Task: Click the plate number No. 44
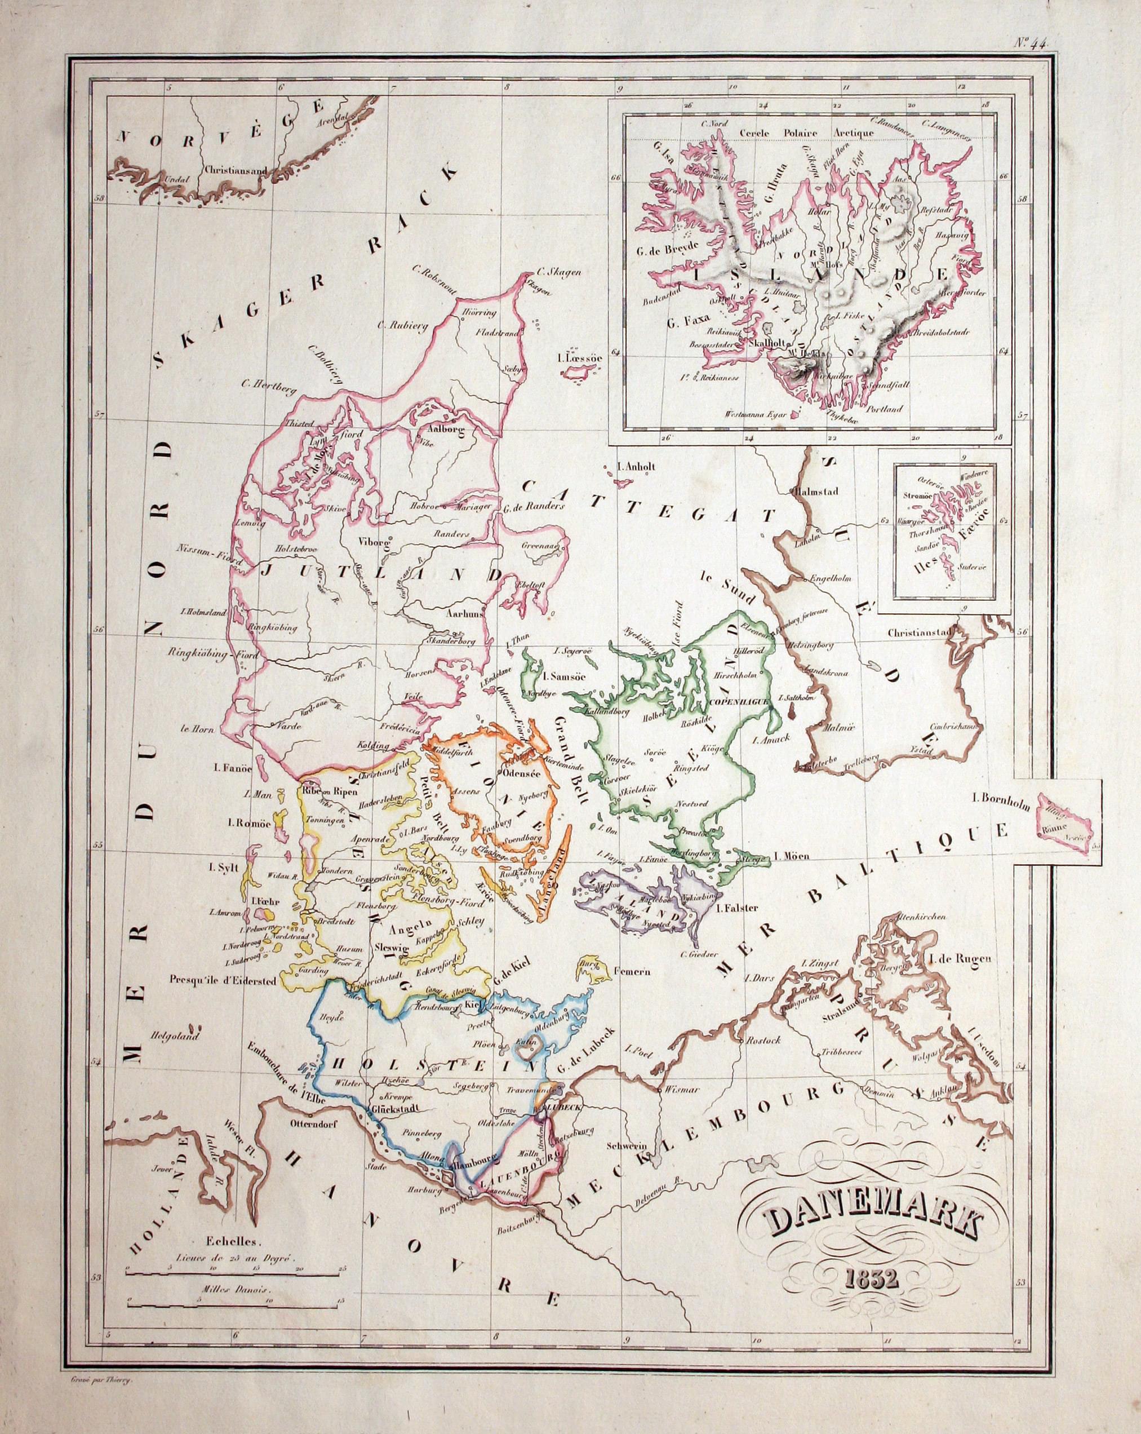click(x=1031, y=43)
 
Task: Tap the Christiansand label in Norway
click(x=236, y=170)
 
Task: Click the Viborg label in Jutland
click(x=372, y=541)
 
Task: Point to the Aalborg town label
click(x=437, y=430)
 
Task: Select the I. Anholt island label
click(x=636, y=467)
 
